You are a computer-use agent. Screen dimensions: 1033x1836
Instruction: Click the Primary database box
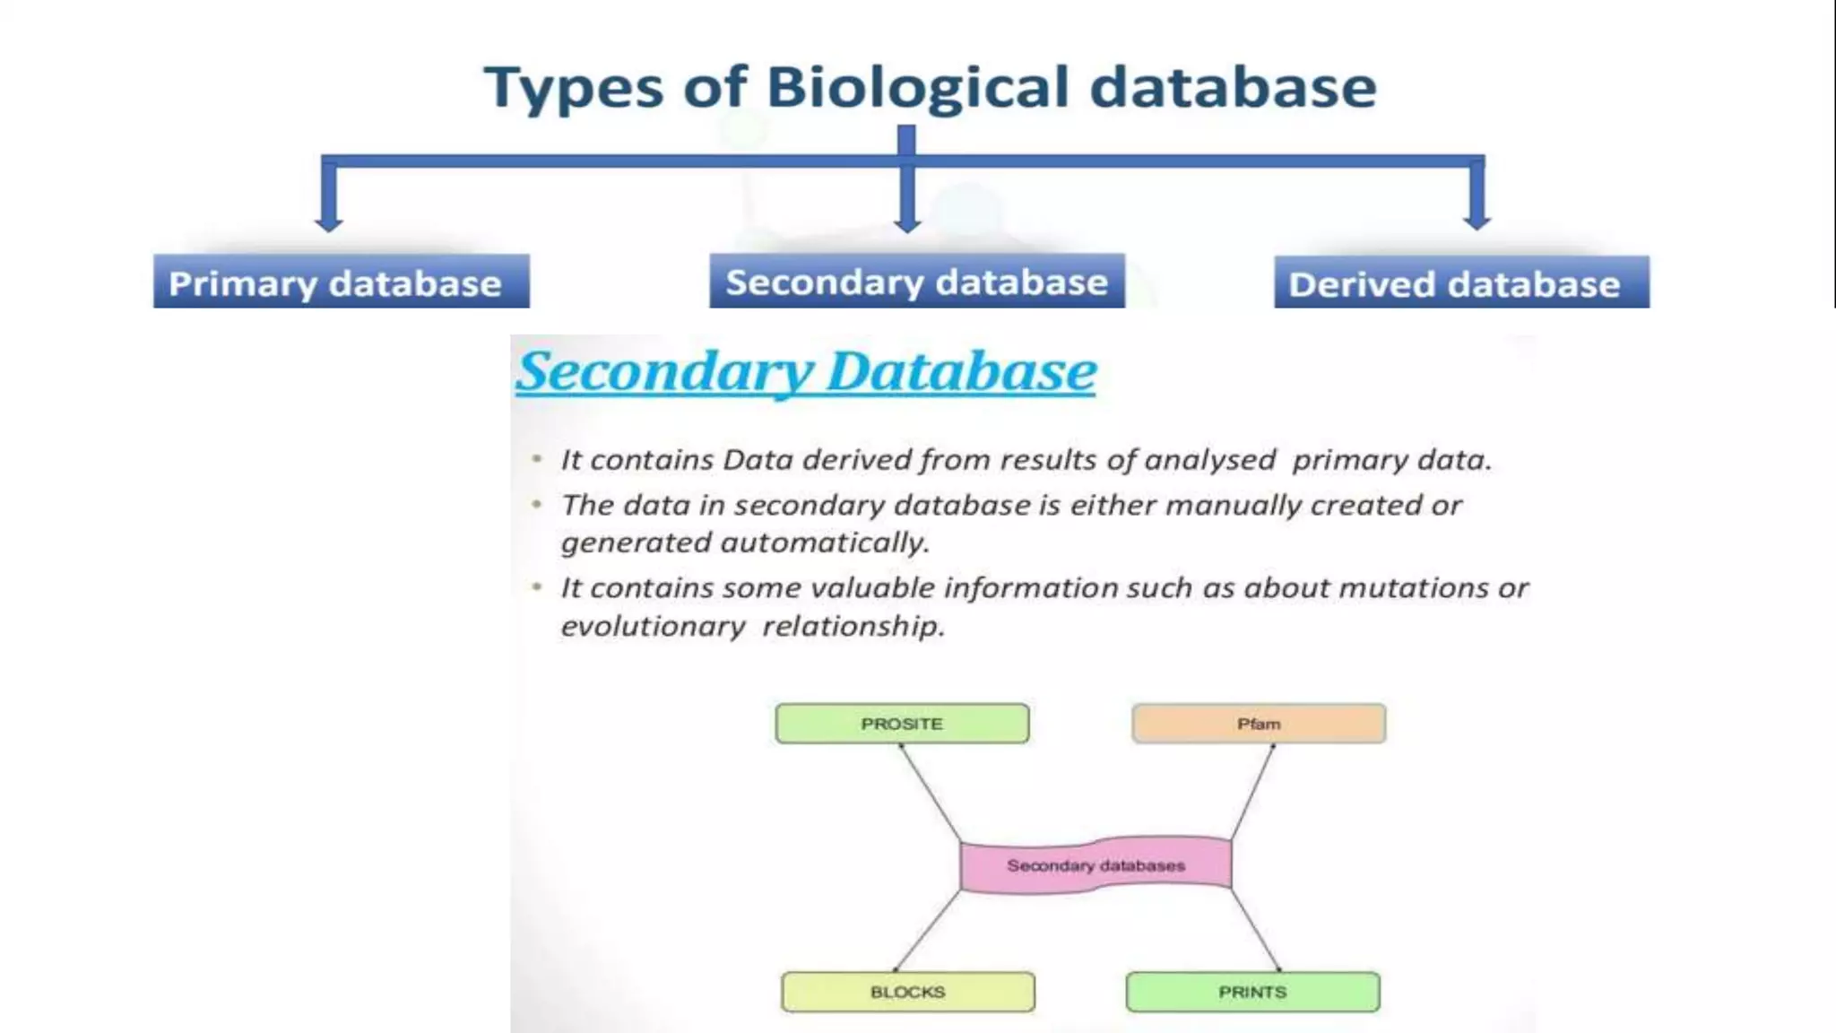[x=341, y=282]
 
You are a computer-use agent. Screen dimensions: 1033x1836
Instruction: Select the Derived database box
[x=1461, y=283]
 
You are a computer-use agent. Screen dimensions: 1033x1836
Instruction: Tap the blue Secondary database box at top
[x=916, y=282]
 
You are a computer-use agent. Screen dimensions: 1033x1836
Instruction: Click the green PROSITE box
[x=902, y=724]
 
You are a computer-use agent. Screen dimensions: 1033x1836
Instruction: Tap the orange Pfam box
[x=1259, y=724]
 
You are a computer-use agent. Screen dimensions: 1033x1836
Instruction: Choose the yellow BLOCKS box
[x=907, y=992]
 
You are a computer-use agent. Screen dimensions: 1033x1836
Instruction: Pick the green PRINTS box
[x=1252, y=992]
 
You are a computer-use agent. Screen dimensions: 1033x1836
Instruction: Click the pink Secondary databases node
[x=1096, y=865]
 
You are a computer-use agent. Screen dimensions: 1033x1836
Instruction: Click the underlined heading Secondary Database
[x=806, y=371]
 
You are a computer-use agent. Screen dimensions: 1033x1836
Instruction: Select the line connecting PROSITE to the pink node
[x=931, y=793]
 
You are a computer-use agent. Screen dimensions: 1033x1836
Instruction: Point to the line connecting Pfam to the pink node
[x=1252, y=793]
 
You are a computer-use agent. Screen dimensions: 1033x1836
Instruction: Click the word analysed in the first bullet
[x=1209, y=460]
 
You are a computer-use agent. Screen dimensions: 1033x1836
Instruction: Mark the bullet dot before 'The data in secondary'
[x=536, y=505]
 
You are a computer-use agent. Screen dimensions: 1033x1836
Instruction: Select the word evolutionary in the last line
[x=653, y=626]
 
